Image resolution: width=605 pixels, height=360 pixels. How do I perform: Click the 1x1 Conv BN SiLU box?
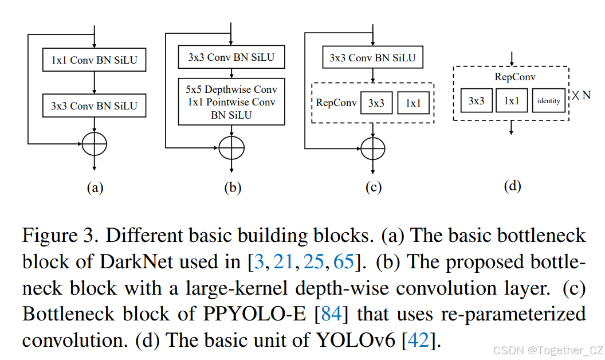[x=94, y=60]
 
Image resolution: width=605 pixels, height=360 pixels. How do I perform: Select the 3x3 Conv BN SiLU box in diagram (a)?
[x=94, y=106]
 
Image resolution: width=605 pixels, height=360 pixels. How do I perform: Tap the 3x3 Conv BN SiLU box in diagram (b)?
[x=231, y=57]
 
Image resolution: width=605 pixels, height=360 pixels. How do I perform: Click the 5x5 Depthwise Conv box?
[x=231, y=101]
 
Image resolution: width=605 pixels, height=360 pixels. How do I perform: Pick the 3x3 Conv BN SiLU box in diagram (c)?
[x=372, y=58]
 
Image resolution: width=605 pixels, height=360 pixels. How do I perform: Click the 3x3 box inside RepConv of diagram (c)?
[x=376, y=103]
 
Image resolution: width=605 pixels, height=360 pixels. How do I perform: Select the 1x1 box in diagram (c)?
[x=413, y=103]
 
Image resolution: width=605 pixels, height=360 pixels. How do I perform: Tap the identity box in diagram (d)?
[x=548, y=100]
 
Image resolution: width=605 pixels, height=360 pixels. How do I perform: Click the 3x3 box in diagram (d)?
[x=477, y=100]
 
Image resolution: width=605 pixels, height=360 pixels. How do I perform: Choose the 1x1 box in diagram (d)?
[x=512, y=100]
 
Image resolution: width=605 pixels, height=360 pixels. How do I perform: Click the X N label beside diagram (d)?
[x=580, y=96]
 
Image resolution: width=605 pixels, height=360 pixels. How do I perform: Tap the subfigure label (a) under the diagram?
[x=94, y=187]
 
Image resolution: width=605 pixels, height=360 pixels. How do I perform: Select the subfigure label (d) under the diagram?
[x=512, y=185]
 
